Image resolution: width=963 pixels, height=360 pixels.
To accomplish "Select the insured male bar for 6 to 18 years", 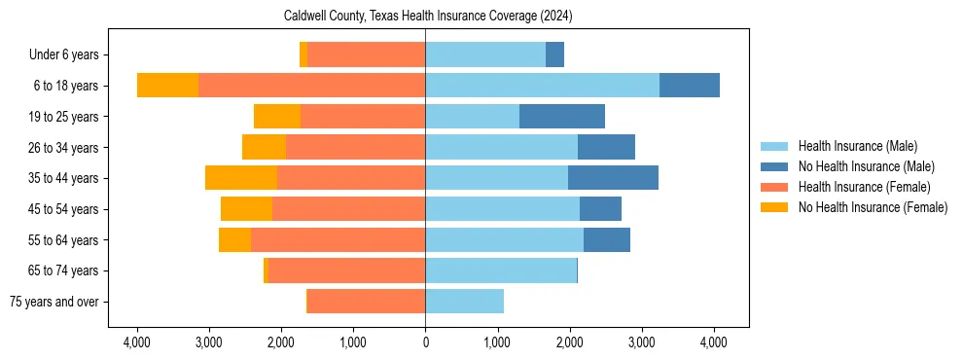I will pyautogui.click(x=542, y=86).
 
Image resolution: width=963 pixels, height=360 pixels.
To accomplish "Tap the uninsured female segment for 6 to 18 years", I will pyautogui.click(x=167, y=86).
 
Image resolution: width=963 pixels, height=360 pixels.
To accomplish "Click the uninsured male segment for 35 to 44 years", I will pyautogui.click(x=613, y=178).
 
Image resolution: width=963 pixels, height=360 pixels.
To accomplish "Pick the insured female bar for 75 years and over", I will pyautogui.click(x=366, y=302).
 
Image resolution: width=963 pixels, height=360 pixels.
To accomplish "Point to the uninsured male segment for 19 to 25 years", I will pyautogui.click(x=561, y=117).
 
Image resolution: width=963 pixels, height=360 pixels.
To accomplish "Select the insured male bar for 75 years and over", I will pyautogui.click(x=464, y=302).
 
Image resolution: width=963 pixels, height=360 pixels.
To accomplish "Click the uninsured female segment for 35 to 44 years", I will pyautogui.click(x=241, y=178).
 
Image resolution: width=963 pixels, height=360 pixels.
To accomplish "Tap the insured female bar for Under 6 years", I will pyautogui.click(x=366, y=54).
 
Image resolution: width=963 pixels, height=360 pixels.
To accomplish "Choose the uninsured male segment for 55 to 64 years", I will pyautogui.click(x=606, y=240).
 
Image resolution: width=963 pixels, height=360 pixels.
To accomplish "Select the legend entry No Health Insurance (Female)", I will pyautogui.click(x=872, y=207).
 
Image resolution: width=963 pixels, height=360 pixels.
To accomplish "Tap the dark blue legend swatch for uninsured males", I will pyautogui.click(x=774, y=166).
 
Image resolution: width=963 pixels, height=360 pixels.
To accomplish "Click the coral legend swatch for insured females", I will pyautogui.click(x=774, y=187).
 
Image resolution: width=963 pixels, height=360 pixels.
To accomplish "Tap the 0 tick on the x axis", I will pyautogui.click(x=425, y=342).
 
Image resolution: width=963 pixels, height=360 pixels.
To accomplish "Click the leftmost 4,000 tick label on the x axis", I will pyautogui.click(x=137, y=342).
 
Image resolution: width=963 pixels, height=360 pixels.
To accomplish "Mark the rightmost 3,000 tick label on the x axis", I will pyautogui.click(x=641, y=342).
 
